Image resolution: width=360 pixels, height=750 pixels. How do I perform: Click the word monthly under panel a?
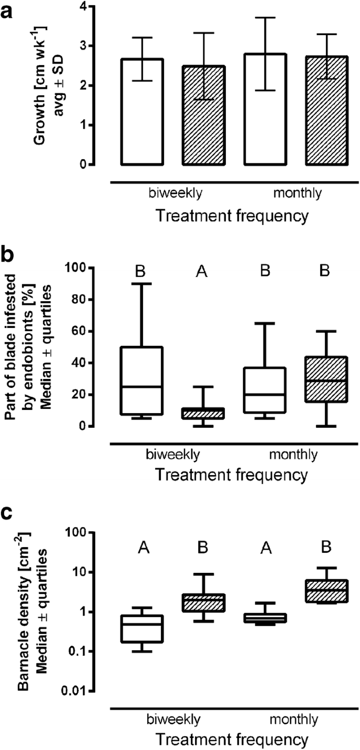pyautogui.click(x=296, y=193)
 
